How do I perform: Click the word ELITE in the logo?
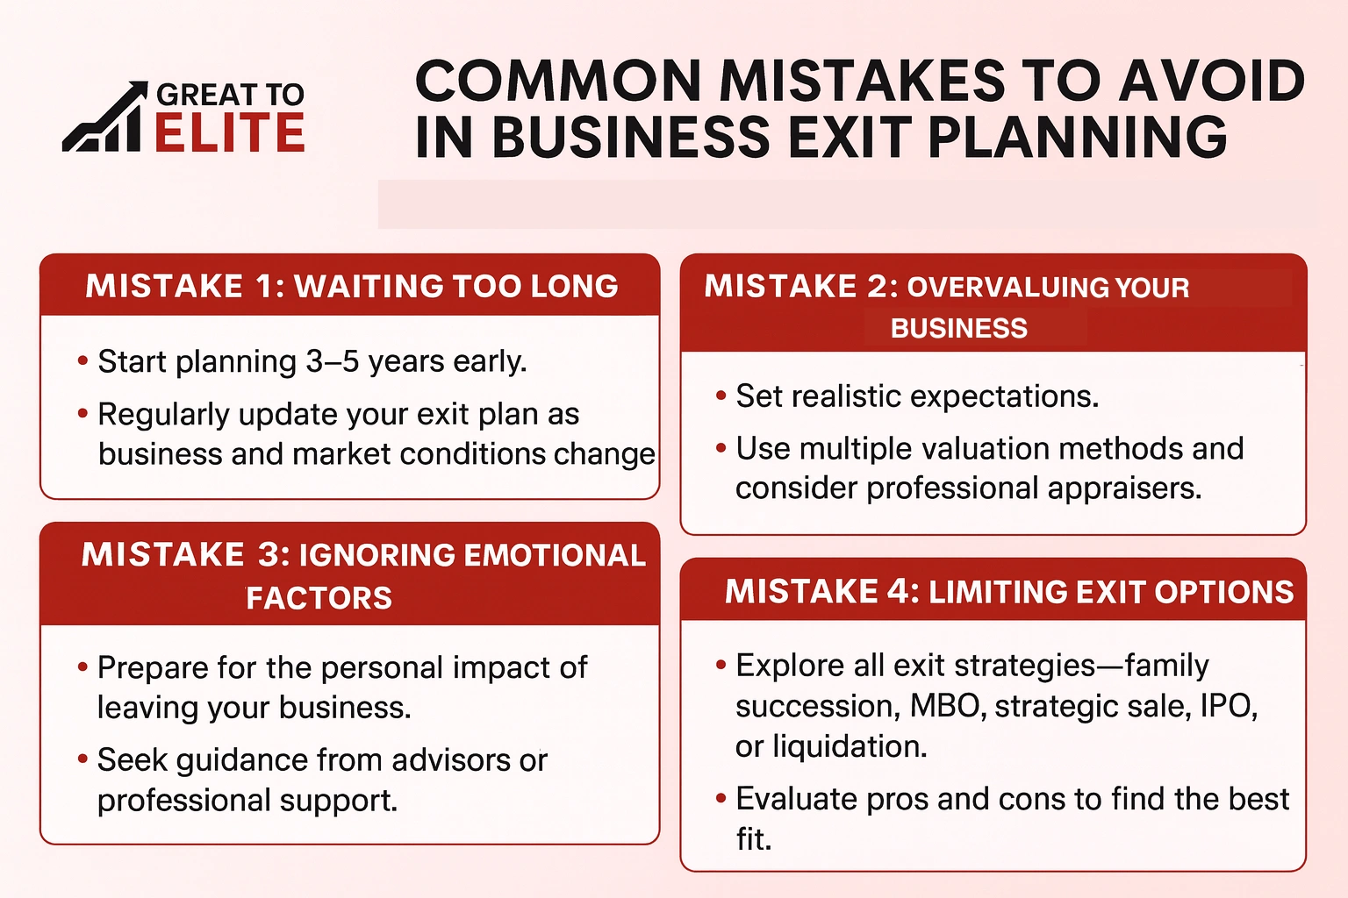[x=230, y=133]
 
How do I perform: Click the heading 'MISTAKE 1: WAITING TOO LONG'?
[x=351, y=286]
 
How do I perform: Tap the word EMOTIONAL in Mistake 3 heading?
[x=554, y=555]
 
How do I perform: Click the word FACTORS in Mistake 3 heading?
[x=319, y=598]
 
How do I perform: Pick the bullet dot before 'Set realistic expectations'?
[x=721, y=396]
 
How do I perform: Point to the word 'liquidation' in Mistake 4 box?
[x=850, y=746]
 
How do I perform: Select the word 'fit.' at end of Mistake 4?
[x=753, y=839]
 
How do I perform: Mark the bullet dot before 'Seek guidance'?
[x=82, y=759]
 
